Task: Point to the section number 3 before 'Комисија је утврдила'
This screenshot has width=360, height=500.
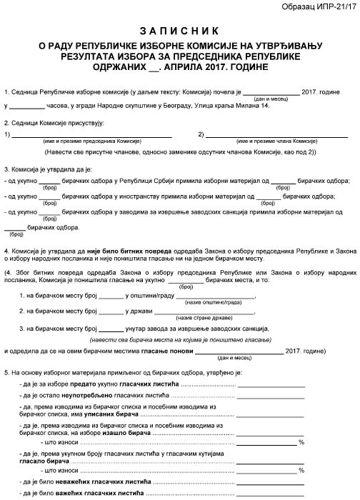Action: pyautogui.click(x=6, y=169)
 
